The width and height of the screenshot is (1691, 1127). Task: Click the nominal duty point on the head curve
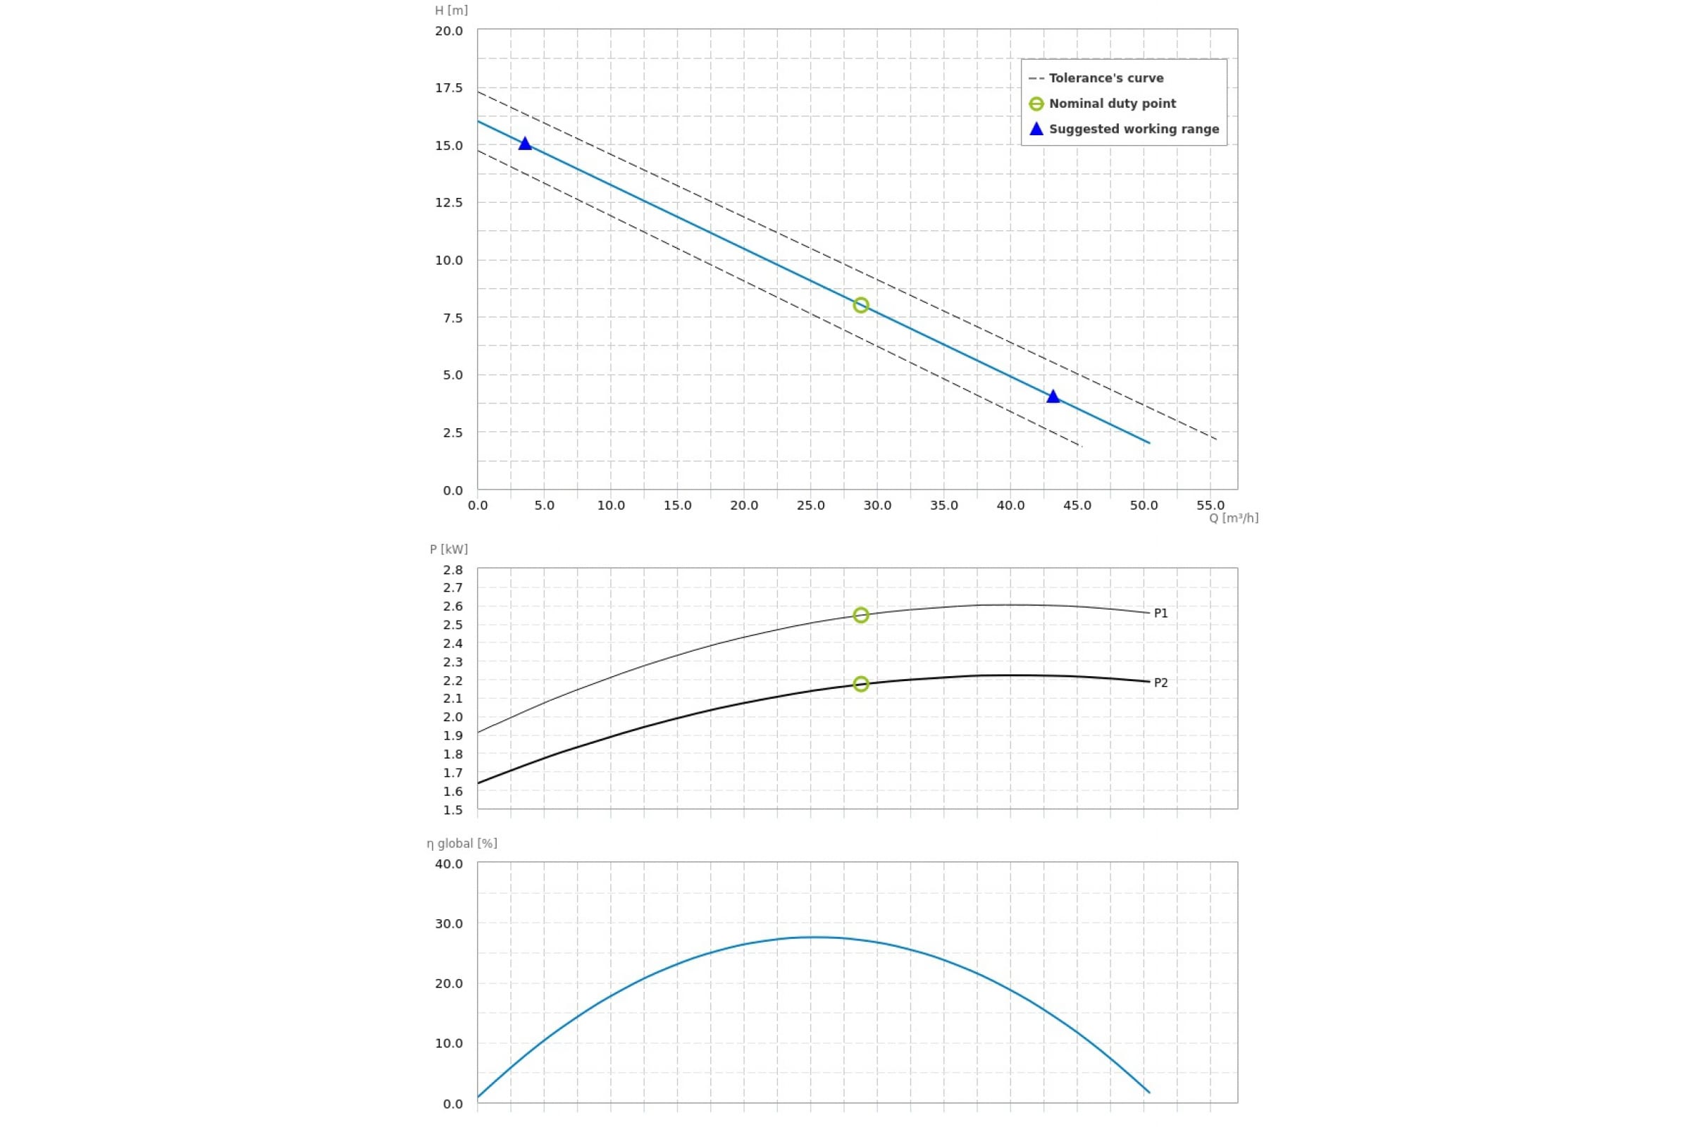click(860, 305)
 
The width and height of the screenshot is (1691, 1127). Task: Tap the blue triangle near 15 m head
click(525, 144)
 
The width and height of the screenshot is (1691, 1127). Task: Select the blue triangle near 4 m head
click(1053, 397)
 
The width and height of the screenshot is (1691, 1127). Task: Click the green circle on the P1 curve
click(860, 615)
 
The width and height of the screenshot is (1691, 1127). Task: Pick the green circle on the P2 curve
click(860, 683)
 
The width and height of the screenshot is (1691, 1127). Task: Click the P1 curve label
click(1160, 613)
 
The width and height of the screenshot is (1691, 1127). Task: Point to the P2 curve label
click(1160, 683)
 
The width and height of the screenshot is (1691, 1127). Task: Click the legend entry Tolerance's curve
click(1105, 77)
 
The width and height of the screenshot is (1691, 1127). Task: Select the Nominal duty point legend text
click(1112, 104)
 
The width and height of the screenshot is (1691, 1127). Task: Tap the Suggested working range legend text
click(1133, 130)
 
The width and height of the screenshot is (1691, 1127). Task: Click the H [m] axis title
click(451, 10)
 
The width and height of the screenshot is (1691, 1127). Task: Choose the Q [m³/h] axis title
click(1233, 518)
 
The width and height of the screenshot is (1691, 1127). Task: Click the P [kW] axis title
click(449, 549)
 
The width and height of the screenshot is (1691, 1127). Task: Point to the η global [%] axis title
click(462, 843)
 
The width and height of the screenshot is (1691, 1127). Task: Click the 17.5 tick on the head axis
click(449, 87)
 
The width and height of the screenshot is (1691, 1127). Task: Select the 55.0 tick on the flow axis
click(1210, 505)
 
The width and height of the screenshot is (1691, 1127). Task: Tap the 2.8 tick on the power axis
click(453, 570)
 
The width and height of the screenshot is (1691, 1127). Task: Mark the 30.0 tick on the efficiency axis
click(449, 923)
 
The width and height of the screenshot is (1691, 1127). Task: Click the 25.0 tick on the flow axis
click(810, 505)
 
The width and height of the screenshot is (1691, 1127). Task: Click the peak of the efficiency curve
click(814, 938)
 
